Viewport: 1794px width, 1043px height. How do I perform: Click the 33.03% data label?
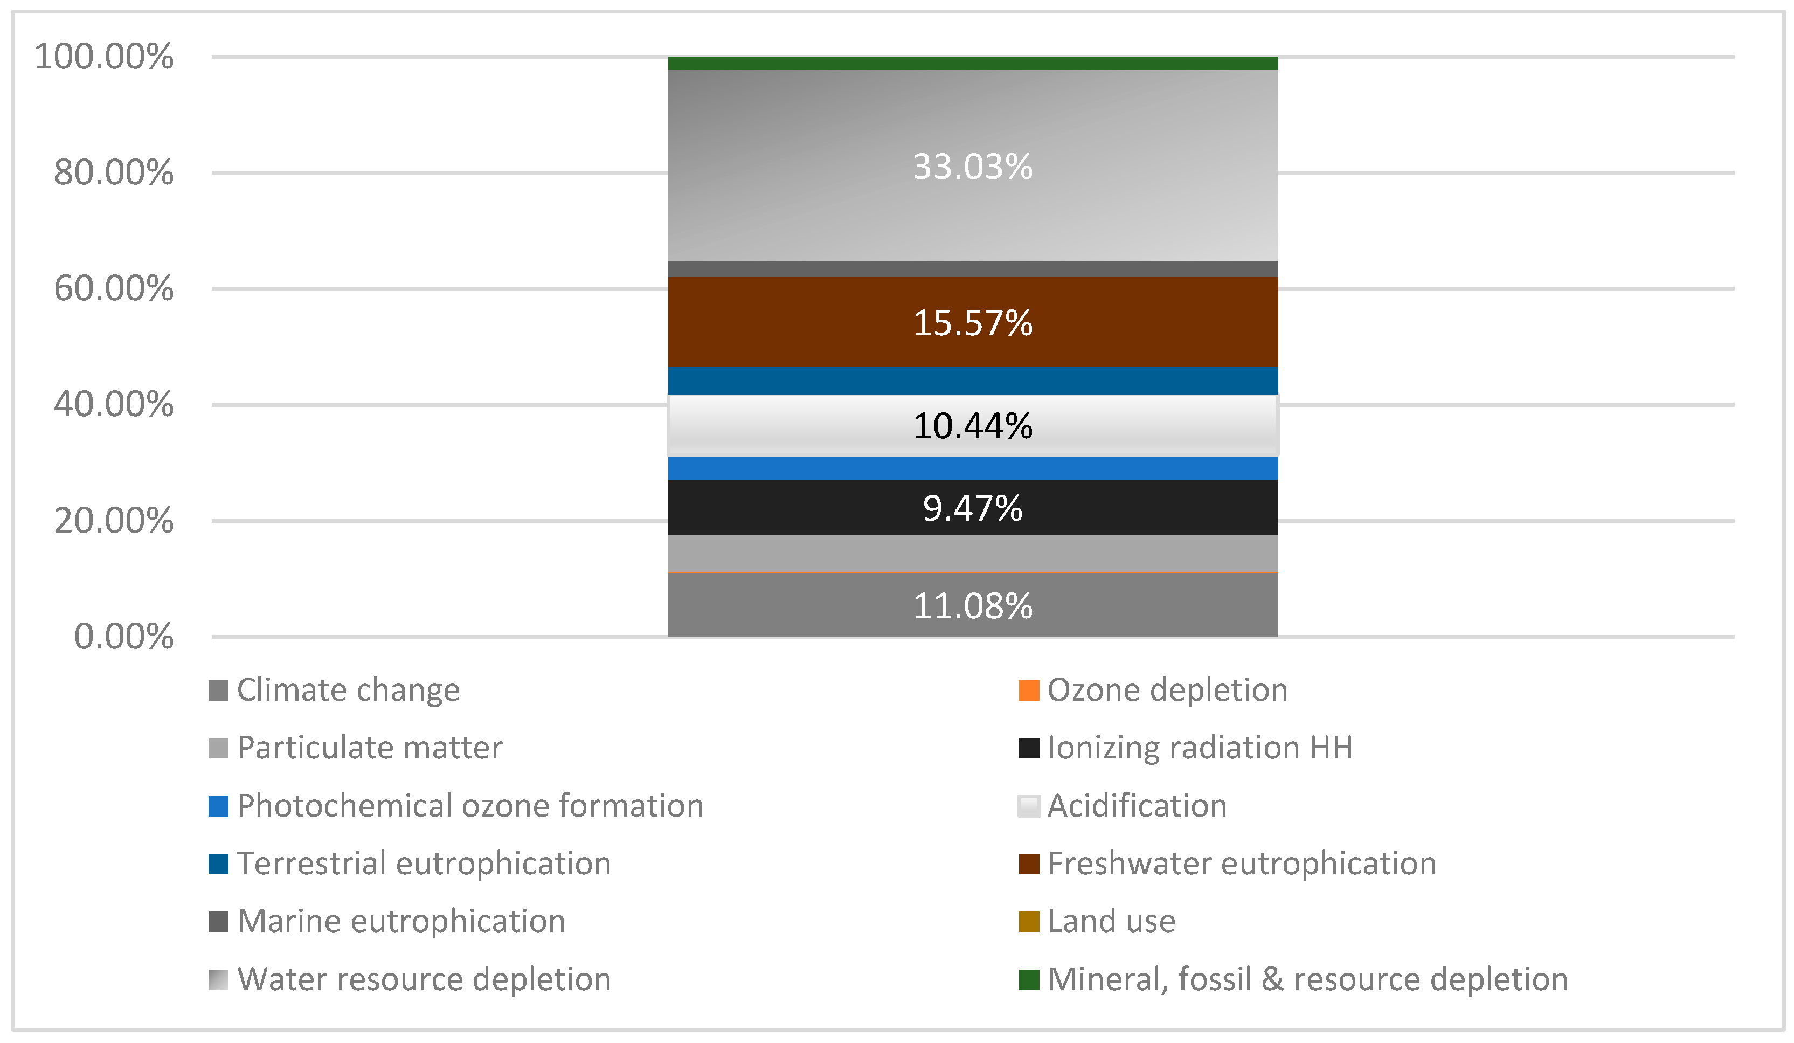[973, 167]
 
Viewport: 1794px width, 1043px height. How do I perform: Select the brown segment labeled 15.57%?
[973, 322]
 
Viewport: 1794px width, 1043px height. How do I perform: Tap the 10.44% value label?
[973, 426]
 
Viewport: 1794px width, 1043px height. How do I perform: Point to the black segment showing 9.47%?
[973, 508]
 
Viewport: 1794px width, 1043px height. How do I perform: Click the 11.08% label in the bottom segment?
[973, 606]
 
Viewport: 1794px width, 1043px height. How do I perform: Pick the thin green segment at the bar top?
[973, 63]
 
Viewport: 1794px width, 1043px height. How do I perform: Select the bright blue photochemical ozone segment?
[973, 468]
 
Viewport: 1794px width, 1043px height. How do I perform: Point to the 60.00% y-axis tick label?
[114, 288]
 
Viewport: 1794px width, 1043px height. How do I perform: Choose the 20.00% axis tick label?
[114, 521]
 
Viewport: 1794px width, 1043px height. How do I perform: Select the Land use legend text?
[1111, 921]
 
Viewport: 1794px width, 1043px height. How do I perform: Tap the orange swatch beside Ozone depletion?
[1029, 690]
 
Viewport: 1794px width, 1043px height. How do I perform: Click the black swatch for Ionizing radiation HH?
[1029, 748]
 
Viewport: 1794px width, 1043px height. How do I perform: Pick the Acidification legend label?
[1137, 806]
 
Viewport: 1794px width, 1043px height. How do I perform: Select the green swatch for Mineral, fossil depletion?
[1029, 979]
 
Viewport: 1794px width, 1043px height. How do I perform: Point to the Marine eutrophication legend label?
[401, 921]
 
